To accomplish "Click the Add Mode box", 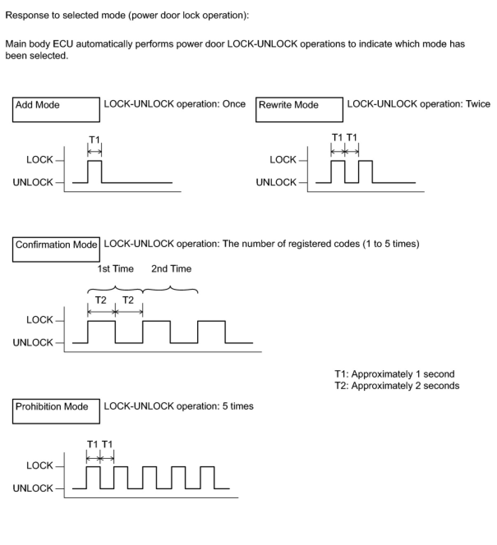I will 56,110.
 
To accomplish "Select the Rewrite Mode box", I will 299,110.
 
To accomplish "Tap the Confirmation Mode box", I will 56,249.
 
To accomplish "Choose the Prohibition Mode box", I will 56,411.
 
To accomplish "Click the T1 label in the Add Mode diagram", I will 94,140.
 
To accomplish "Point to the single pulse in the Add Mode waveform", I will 95,171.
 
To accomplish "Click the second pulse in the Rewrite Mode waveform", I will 366,171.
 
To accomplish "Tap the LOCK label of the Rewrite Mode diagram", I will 283,160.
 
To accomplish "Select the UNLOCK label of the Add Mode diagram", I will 33,182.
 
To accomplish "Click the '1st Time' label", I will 115,269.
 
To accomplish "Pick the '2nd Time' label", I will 171,269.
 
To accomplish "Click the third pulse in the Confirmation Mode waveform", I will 212,332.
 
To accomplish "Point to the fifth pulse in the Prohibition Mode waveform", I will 207,477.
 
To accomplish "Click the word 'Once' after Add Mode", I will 234,104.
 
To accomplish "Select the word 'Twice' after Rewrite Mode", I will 478,104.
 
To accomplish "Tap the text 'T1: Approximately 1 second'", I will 394,374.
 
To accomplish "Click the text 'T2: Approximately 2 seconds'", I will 397,386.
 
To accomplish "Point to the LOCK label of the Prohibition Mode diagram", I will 39,465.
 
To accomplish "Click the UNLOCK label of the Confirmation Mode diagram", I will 33,342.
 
